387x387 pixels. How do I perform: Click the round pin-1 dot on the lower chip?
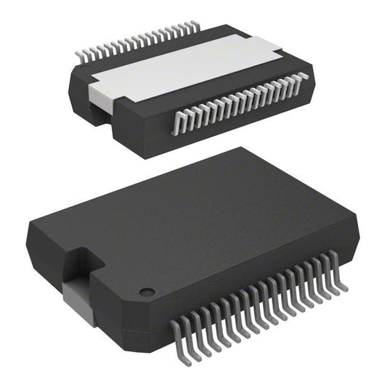tap(147, 292)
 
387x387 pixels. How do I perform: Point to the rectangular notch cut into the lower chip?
tap(81, 269)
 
